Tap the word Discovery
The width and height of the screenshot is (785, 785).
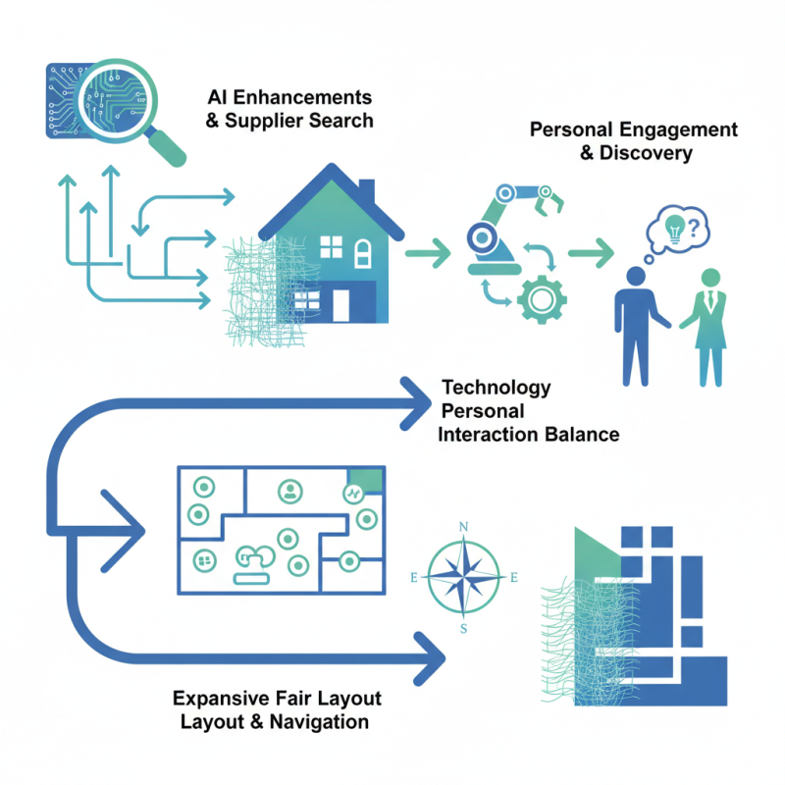pyautogui.click(x=646, y=153)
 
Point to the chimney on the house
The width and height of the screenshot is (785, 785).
pyautogui.click(x=366, y=192)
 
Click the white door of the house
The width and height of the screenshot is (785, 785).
pyautogui.click(x=340, y=305)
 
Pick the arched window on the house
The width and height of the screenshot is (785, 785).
pyautogui.click(x=363, y=253)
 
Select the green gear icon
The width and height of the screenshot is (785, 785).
pyautogui.click(x=542, y=299)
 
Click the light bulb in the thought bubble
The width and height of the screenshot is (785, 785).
pyautogui.click(x=674, y=229)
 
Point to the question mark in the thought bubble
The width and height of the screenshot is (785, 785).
pyautogui.click(x=694, y=229)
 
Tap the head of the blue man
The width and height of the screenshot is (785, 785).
pyautogui.click(x=636, y=277)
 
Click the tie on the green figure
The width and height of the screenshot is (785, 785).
pyautogui.click(x=710, y=299)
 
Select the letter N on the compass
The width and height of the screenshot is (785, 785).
pyautogui.click(x=463, y=527)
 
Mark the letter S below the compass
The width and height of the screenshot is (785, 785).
pyautogui.click(x=463, y=629)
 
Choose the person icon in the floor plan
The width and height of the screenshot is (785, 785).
pyautogui.click(x=289, y=492)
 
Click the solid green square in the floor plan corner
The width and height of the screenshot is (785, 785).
pyautogui.click(x=366, y=479)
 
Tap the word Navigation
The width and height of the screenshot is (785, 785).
pyautogui.click(x=319, y=722)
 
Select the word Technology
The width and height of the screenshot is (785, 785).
pyautogui.click(x=497, y=388)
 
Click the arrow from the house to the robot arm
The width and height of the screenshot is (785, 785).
pyautogui.click(x=428, y=253)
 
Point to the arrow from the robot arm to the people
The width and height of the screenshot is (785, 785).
pyautogui.click(x=592, y=253)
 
